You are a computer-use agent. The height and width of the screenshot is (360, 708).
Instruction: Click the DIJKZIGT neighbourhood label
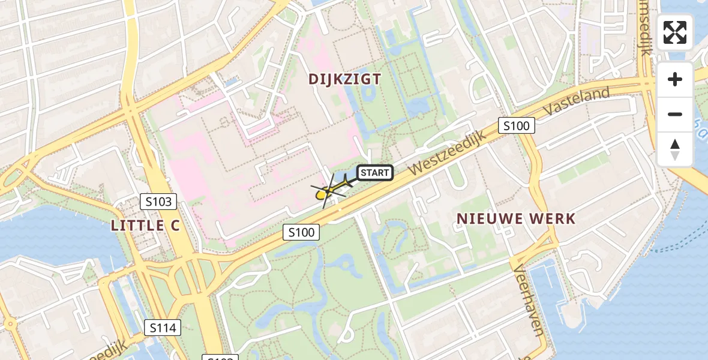344,79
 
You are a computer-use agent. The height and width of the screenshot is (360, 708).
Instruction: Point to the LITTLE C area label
146,226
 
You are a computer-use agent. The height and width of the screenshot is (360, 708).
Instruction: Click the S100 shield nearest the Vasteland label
516,126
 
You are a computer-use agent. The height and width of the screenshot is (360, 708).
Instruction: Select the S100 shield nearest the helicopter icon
301,232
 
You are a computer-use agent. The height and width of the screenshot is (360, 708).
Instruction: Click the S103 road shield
158,202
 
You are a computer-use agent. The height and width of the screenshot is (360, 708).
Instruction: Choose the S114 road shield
163,328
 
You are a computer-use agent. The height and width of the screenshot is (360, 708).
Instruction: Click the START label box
375,173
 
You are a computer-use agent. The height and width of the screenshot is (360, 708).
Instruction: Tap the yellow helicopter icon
325,193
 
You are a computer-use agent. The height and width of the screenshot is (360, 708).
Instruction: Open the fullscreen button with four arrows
675,32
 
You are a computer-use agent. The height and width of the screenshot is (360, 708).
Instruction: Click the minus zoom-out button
675,114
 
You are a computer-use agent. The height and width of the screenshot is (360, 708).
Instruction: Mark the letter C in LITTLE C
173,226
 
